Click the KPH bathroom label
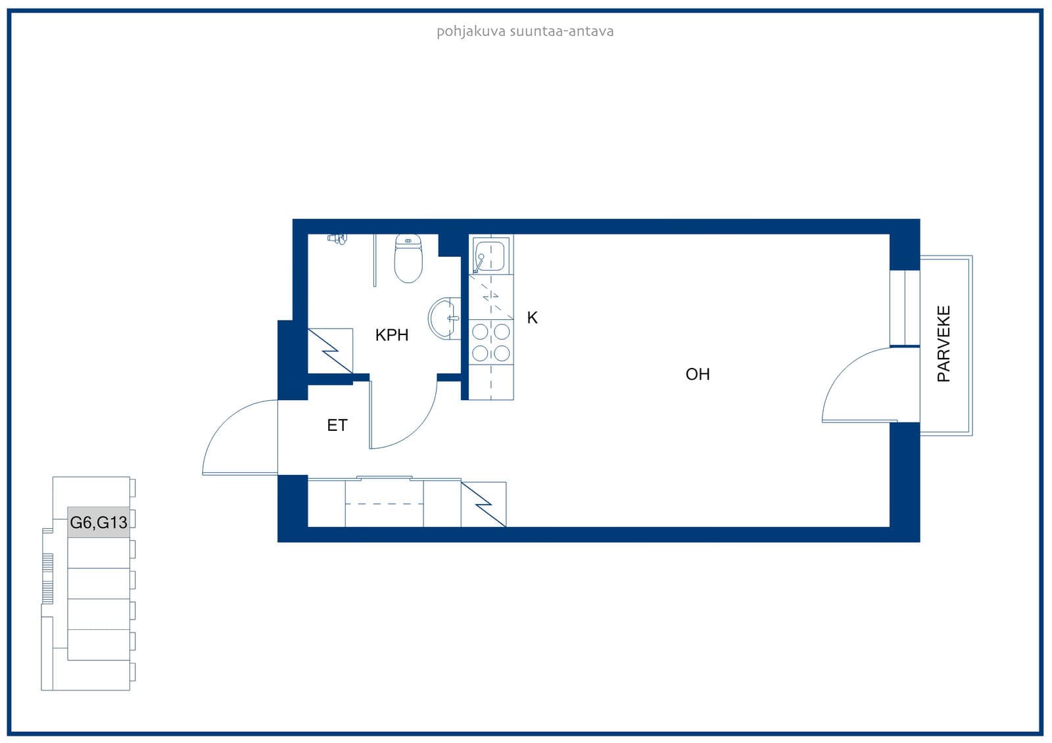[x=392, y=335]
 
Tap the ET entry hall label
[x=337, y=425]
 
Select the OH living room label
[x=698, y=374]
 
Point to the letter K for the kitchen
[x=532, y=318]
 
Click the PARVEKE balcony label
[x=944, y=344]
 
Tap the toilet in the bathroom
[x=408, y=258]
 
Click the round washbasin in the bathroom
[x=444, y=318]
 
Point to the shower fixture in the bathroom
[x=337, y=239]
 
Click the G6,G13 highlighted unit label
[x=99, y=522]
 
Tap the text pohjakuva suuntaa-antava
[x=525, y=32]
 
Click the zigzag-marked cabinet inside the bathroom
[x=330, y=351]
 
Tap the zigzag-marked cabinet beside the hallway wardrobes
[x=483, y=505]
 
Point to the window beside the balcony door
[x=905, y=308]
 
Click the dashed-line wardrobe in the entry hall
[x=384, y=503]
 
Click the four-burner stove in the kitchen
[x=490, y=343]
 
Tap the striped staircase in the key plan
[x=47, y=578]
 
